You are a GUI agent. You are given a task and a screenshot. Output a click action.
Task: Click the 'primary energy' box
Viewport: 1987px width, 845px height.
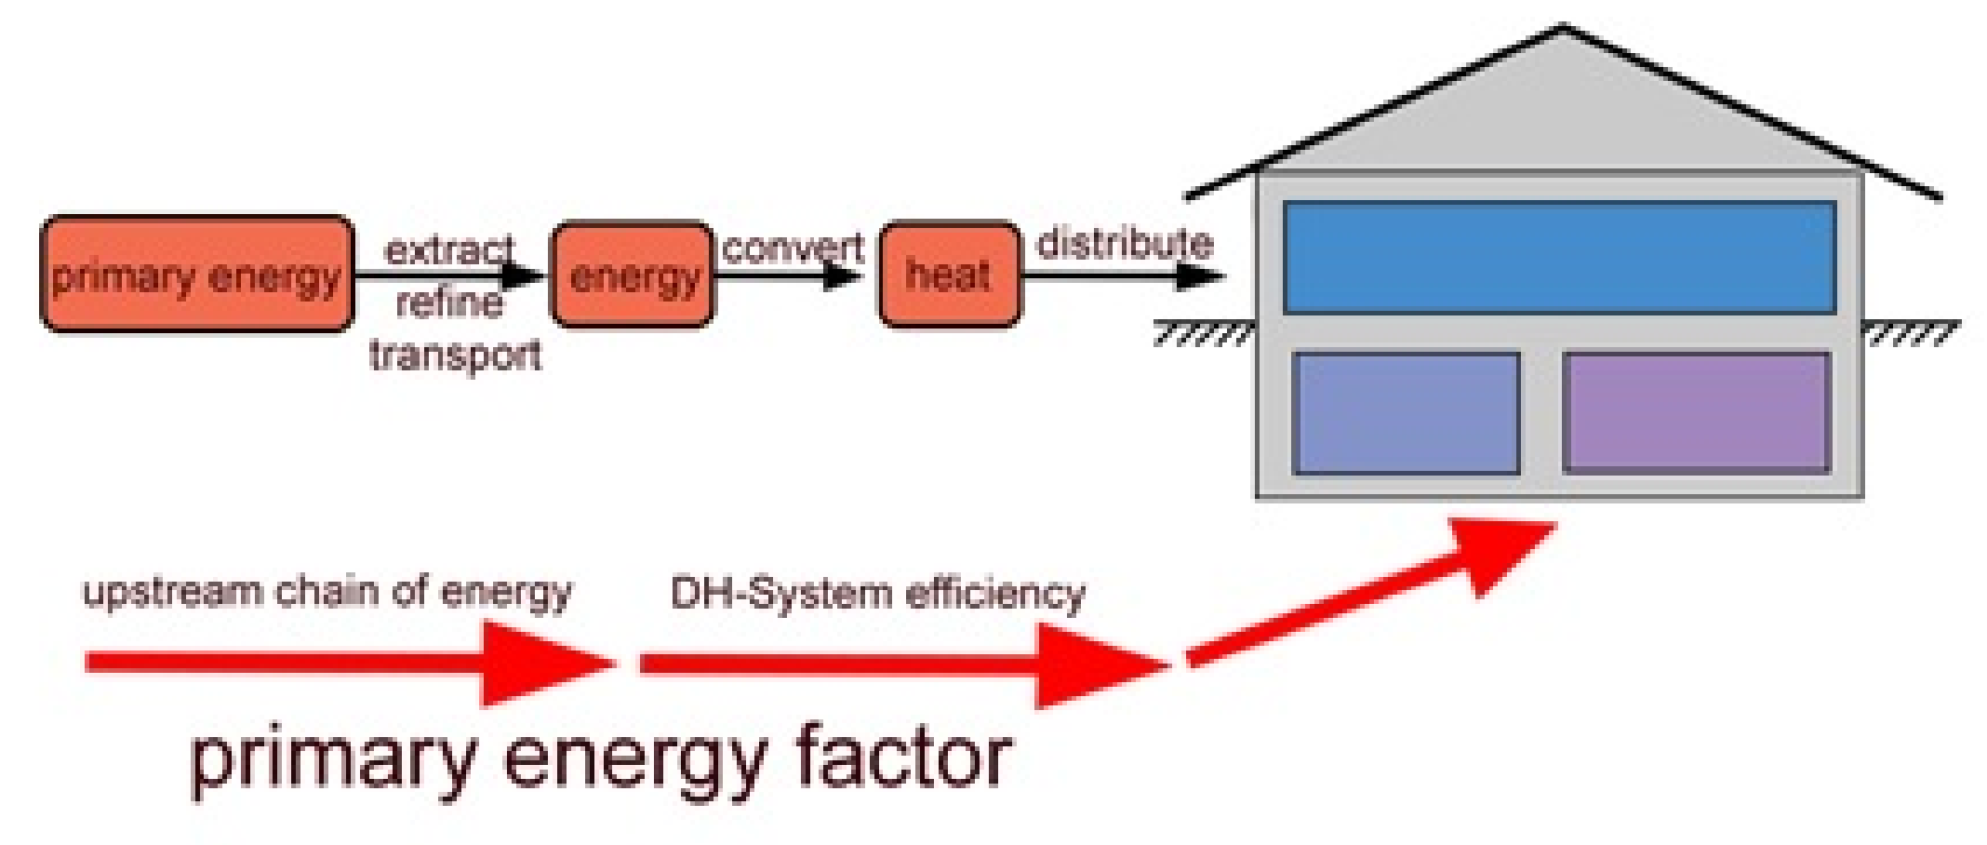[196, 275]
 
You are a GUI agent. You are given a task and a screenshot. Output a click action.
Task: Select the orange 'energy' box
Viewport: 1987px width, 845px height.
[633, 275]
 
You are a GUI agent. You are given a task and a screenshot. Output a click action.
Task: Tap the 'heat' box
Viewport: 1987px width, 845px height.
[949, 275]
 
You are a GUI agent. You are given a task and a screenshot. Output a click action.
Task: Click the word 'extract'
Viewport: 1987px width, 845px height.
[448, 249]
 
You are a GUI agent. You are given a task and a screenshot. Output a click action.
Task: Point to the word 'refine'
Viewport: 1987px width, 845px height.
[449, 302]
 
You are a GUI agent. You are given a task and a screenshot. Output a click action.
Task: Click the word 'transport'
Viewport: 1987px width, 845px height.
[455, 355]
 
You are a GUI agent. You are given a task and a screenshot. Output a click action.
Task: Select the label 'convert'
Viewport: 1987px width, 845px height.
[793, 248]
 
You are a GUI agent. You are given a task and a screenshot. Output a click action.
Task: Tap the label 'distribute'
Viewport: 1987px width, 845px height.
[1125, 244]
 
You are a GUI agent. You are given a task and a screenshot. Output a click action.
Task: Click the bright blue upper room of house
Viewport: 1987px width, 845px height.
[1559, 257]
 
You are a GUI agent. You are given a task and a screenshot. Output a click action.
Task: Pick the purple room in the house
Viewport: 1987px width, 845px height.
[1696, 411]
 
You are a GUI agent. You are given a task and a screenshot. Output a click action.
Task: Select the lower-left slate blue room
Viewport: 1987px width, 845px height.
[1406, 411]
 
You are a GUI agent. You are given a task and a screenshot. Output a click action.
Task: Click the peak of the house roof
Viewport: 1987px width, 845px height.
[1563, 28]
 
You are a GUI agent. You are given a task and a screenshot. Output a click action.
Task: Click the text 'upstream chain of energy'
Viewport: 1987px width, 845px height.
[327, 592]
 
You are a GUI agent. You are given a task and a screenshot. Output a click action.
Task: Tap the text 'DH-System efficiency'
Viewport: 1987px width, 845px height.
[877, 593]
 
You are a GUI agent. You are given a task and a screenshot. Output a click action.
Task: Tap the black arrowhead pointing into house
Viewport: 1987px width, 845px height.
[1200, 275]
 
